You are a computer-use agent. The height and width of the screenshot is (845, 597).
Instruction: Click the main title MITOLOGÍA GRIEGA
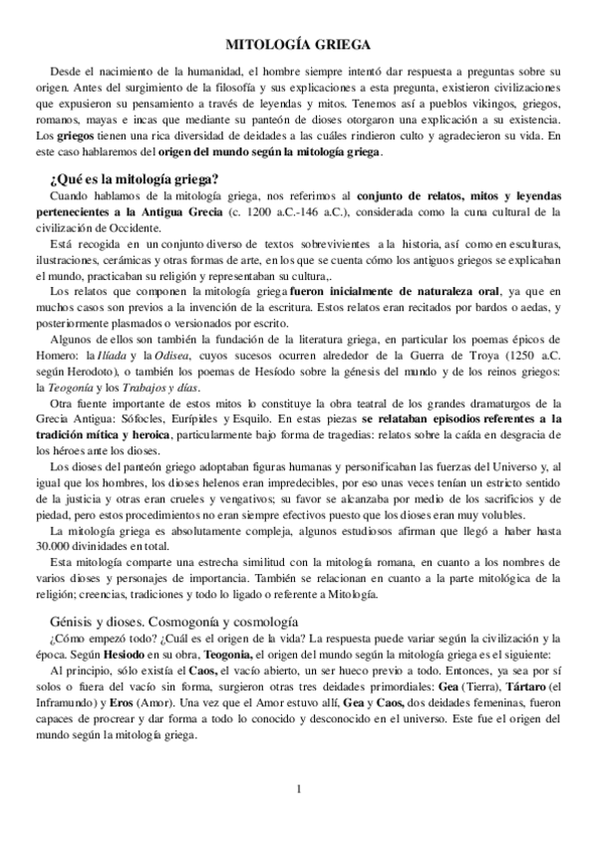tap(298, 45)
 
